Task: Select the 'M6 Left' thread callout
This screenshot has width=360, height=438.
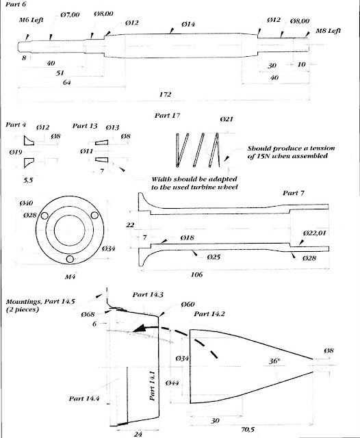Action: [x=31, y=20]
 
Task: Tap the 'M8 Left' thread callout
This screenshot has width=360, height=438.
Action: [x=328, y=31]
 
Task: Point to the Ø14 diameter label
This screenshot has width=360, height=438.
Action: [x=188, y=25]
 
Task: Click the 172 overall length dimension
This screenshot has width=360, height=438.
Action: [x=165, y=94]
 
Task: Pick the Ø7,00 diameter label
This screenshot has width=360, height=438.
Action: [x=70, y=14]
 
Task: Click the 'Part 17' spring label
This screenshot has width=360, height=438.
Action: [x=167, y=116]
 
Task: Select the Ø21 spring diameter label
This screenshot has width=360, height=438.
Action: [x=227, y=119]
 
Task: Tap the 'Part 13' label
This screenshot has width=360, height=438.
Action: [x=85, y=126]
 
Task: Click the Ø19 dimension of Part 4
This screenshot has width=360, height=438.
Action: [x=16, y=152]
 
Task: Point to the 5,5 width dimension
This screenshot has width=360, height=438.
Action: [x=28, y=180]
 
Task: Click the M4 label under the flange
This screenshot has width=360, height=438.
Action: [x=70, y=276]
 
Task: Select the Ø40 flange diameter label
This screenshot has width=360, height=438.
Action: [x=26, y=203]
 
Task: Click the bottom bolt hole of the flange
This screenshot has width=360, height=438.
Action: [x=70, y=259]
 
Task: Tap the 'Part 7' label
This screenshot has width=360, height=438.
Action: [x=294, y=193]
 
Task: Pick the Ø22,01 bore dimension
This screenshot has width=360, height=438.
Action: [x=314, y=233]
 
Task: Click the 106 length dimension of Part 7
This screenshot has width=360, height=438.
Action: [x=196, y=274]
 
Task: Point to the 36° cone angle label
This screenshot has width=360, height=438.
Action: [x=274, y=361]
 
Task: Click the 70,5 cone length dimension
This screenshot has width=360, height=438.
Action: [x=248, y=429]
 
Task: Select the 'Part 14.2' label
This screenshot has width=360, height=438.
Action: [x=209, y=314]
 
